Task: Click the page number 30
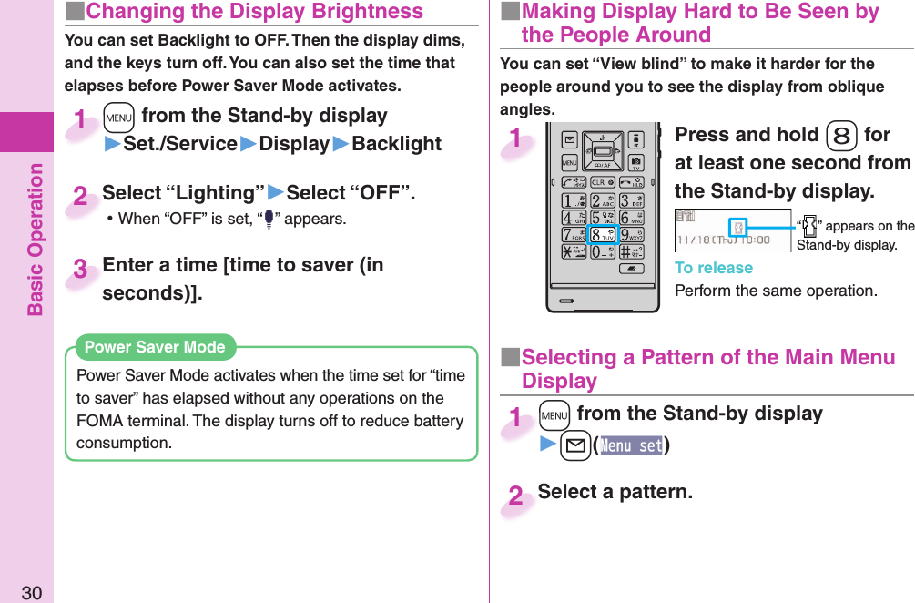point(31,593)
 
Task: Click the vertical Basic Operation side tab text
point(35,239)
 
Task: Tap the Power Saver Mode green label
point(155,347)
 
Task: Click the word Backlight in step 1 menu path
point(397,144)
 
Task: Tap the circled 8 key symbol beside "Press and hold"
point(841,136)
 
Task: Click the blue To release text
point(714,268)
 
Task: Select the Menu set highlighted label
point(631,445)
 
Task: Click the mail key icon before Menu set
point(579,445)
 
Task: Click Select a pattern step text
point(615,492)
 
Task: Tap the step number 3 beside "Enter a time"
point(81,270)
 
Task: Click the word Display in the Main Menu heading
point(559,381)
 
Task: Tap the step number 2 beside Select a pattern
point(516,497)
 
